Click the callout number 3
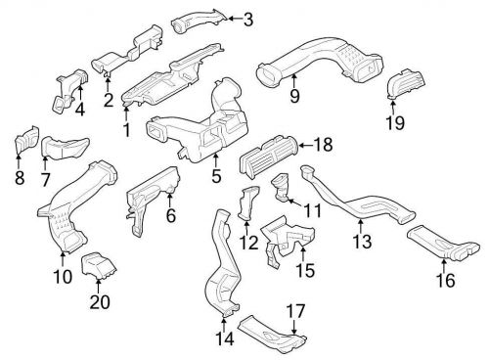(x=247, y=19)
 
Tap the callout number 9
(x=292, y=96)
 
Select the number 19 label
(x=394, y=123)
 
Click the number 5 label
(x=216, y=178)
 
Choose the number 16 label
(x=446, y=282)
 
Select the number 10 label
(x=62, y=276)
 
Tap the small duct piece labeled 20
(x=96, y=265)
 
